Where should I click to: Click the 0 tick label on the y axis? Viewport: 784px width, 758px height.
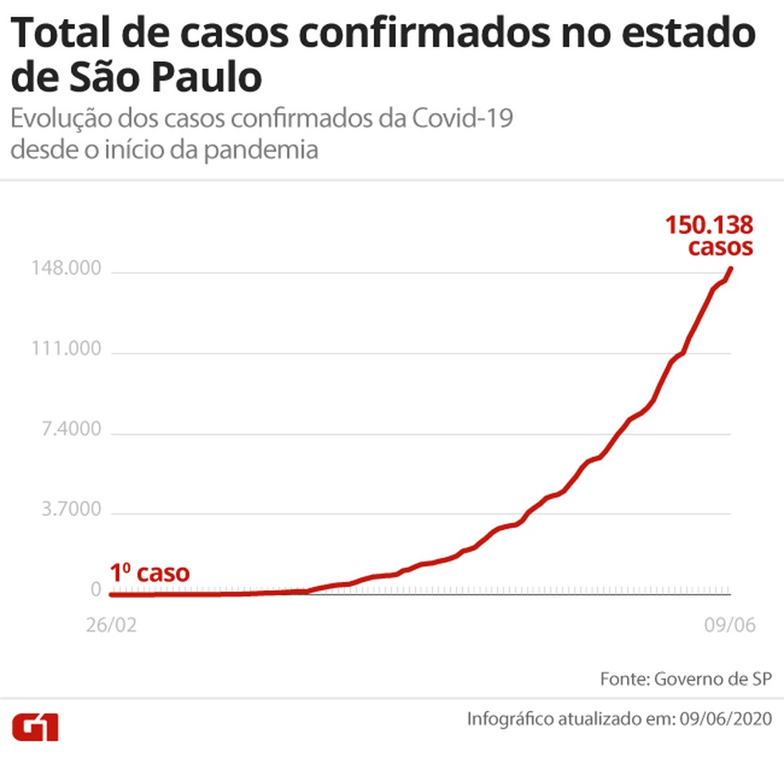[x=96, y=590]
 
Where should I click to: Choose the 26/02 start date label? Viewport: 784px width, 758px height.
[x=111, y=625]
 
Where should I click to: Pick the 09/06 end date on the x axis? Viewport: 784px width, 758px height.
[x=728, y=625]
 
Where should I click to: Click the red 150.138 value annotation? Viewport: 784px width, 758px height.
[x=710, y=225]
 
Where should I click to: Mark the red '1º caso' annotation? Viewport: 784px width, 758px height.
[x=151, y=572]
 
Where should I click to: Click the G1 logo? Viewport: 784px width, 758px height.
[x=36, y=726]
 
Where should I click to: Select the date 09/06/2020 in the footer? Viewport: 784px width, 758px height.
[x=727, y=719]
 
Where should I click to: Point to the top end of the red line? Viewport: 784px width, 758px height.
[x=731, y=268]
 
